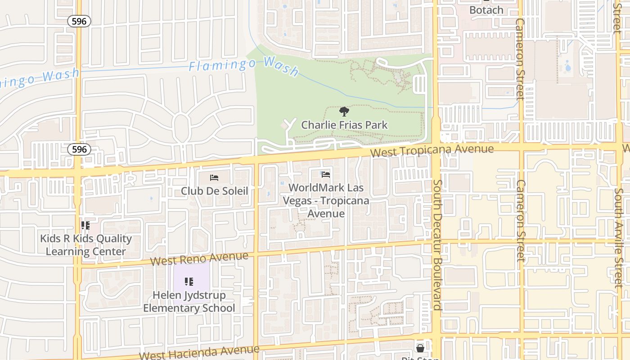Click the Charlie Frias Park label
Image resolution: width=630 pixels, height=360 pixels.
[344, 125]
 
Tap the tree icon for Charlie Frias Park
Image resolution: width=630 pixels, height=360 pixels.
[344, 112]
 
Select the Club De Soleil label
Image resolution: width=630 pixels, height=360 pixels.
[214, 191]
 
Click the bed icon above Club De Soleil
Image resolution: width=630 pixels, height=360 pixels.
[214, 178]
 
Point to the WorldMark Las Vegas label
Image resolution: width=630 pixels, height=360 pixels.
[326, 200]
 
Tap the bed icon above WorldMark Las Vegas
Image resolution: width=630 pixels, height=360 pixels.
[326, 174]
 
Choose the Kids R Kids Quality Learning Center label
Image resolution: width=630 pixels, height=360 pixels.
[85, 245]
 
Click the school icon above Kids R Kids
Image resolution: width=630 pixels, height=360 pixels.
[85, 225]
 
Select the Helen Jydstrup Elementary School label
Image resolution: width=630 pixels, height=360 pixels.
[189, 301]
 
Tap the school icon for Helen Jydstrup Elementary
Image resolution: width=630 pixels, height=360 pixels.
[189, 282]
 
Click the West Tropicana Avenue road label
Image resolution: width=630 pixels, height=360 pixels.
[432, 150]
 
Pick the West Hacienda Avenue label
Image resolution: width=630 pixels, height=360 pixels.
[199, 352]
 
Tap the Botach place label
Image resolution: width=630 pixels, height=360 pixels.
[486, 10]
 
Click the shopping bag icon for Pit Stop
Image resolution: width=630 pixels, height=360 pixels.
[420, 348]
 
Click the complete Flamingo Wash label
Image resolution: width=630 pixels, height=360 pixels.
[243, 66]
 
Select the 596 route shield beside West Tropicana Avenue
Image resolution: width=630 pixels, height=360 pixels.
[79, 149]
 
